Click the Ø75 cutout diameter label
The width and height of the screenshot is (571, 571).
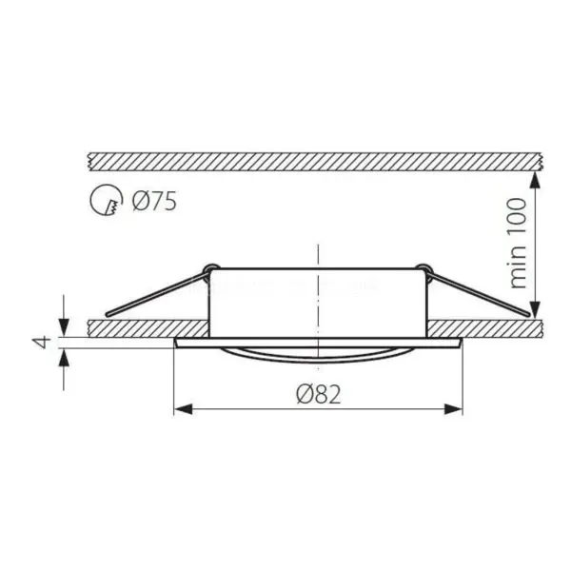154,201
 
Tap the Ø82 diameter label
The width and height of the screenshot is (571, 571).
319,394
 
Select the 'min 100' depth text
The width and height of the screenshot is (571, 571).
518,244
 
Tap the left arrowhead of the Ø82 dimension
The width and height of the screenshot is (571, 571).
183,409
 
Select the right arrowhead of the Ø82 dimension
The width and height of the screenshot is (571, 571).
453,409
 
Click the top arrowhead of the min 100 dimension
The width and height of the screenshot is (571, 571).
535,180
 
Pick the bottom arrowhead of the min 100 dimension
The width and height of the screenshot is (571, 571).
535,310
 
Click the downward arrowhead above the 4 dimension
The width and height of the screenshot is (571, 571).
64,327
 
